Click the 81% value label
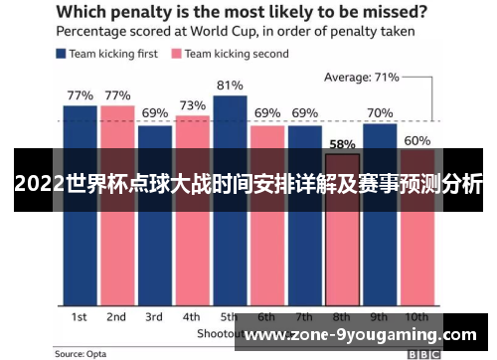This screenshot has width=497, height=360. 230,85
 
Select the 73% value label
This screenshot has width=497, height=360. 193,105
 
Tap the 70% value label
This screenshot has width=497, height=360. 380,113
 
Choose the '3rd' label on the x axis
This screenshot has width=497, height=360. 154,316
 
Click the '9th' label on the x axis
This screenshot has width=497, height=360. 380,316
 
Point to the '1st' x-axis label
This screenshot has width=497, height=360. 80,316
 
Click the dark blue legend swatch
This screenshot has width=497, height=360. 62,54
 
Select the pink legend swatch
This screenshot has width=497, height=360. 178,54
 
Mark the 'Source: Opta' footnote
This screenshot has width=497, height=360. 83,353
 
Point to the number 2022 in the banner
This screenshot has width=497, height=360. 41,185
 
